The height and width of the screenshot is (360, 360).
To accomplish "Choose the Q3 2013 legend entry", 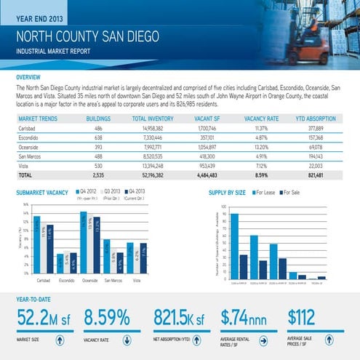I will click(x=111, y=193).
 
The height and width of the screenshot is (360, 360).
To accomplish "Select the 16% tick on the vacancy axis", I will click(x=25, y=205).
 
